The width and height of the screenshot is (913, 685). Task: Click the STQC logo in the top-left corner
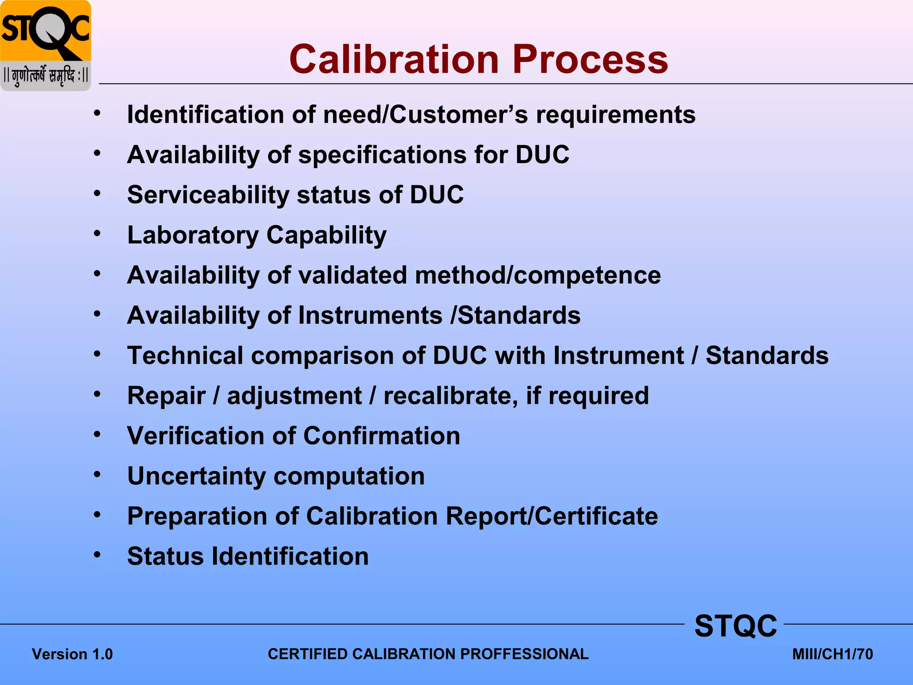click(x=46, y=45)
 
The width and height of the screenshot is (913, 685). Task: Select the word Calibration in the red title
click(x=394, y=59)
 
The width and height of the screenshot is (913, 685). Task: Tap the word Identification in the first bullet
click(x=206, y=115)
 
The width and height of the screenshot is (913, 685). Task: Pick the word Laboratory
click(x=193, y=235)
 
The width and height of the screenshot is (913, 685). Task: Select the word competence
click(x=587, y=276)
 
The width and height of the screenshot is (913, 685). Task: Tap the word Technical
click(x=185, y=356)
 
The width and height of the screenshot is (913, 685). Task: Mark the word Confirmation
click(x=382, y=436)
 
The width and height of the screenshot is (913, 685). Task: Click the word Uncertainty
click(x=196, y=476)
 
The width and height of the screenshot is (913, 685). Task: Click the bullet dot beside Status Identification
click(x=97, y=555)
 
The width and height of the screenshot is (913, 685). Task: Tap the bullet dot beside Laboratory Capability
click(x=97, y=234)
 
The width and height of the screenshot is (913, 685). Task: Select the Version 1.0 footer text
click(x=72, y=654)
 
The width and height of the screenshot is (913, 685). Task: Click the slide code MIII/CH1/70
click(x=832, y=654)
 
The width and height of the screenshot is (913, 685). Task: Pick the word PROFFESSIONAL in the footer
click(x=524, y=654)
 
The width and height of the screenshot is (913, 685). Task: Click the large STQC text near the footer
click(x=736, y=626)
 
